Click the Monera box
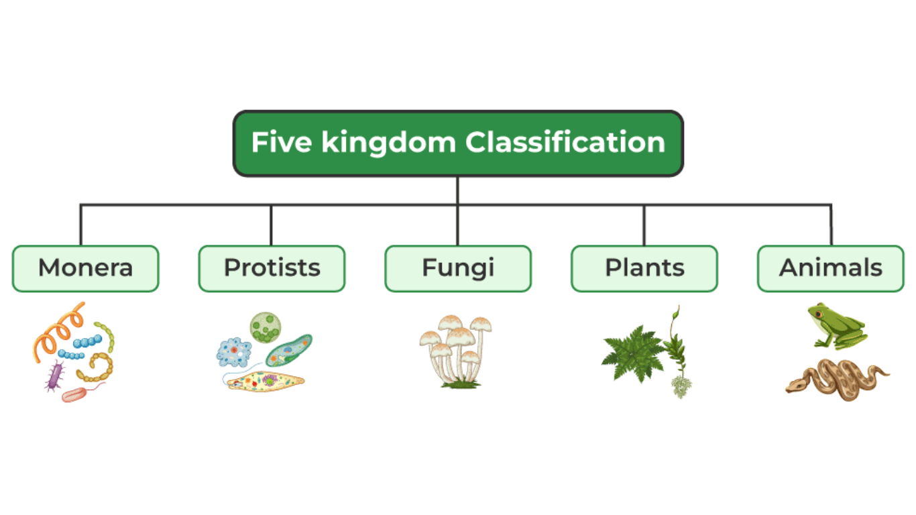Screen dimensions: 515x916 85,268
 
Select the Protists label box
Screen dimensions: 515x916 272,268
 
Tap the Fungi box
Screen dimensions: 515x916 458,268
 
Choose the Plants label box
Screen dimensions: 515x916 644,268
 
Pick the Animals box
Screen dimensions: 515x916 831,268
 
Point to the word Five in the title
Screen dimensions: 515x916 281,143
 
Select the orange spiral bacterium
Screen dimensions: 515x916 59,332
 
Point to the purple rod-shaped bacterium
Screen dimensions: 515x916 54,376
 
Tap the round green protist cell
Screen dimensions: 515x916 265,327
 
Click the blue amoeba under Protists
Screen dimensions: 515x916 234,352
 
